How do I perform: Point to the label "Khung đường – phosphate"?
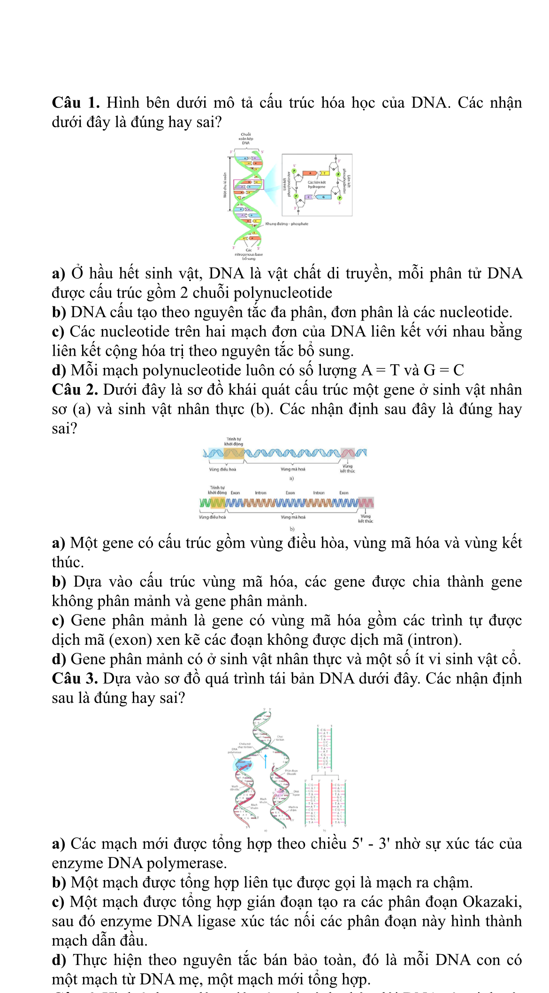point(286,224)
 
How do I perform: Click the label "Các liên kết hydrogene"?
point(316,184)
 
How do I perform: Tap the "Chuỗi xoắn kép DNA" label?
point(246,138)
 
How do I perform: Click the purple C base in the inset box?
point(310,197)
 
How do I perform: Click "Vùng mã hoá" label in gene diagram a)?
point(293,469)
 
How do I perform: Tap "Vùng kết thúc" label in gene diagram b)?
point(366,519)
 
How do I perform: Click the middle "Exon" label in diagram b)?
point(290,493)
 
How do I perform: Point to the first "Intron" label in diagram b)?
point(260,493)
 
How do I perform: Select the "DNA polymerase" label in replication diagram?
point(234,749)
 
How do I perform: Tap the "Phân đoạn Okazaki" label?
point(291,772)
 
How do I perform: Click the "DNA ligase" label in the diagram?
point(296,793)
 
